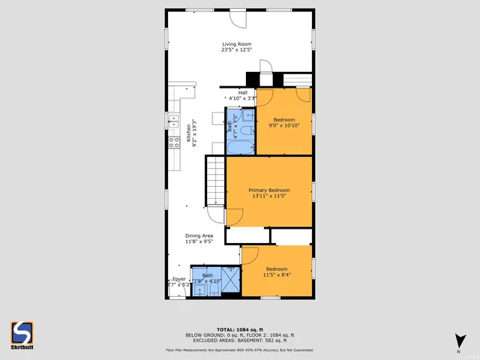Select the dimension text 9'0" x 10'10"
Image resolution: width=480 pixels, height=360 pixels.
(284, 126)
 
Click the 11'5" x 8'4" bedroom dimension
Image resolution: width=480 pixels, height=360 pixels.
(277, 274)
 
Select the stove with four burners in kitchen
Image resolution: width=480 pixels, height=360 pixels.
(174, 141)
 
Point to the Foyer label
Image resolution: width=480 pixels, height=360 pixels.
(178, 279)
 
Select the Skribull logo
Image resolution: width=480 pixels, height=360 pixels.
(21, 334)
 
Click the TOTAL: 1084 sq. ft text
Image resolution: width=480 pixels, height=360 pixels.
(239, 329)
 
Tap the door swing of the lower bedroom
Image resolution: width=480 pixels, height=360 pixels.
(250, 255)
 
